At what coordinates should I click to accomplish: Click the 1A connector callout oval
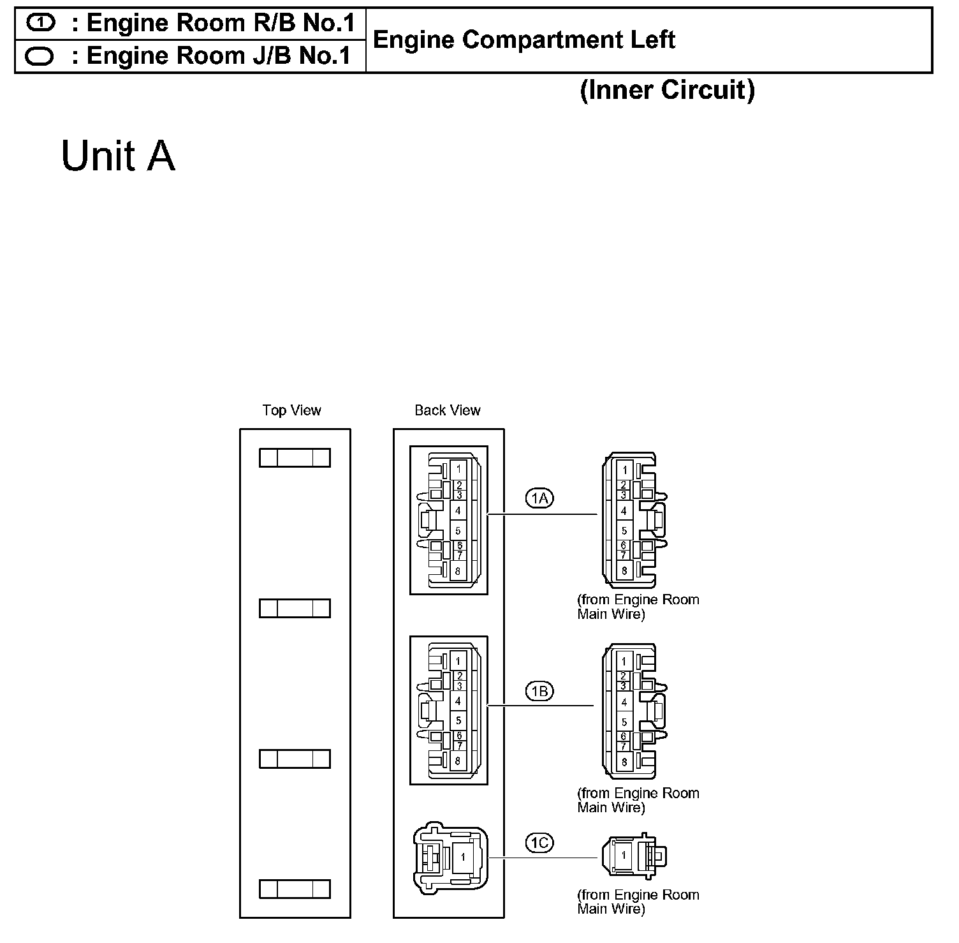pyautogui.click(x=539, y=498)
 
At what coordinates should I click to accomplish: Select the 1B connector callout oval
pyautogui.click(x=539, y=691)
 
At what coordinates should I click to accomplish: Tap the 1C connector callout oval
pyautogui.click(x=539, y=843)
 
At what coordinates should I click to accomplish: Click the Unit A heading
pyautogui.click(x=118, y=156)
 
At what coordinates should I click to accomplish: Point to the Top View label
pyautogui.click(x=291, y=410)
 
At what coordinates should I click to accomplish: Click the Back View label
pyautogui.click(x=447, y=410)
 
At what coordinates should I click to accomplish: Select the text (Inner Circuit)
pyautogui.click(x=667, y=90)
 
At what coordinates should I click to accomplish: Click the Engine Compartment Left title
pyautogui.click(x=523, y=40)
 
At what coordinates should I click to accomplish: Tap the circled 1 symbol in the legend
pyautogui.click(x=40, y=23)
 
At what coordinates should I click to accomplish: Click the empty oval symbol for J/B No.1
pyautogui.click(x=40, y=57)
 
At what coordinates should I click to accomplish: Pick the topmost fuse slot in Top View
pyautogui.click(x=295, y=457)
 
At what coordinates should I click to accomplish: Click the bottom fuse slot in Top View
pyautogui.click(x=295, y=889)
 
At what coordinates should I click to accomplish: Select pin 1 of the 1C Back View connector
pyautogui.click(x=463, y=858)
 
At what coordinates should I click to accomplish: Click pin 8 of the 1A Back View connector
pyautogui.click(x=458, y=571)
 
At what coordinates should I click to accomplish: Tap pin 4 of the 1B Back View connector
pyautogui.click(x=458, y=701)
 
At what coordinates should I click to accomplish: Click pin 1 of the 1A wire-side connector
pyautogui.click(x=625, y=470)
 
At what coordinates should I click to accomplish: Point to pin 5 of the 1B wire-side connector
pyautogui.click(x=624, y=722)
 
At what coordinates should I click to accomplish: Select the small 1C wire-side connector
pyautogui.click(x=633, y=855)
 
